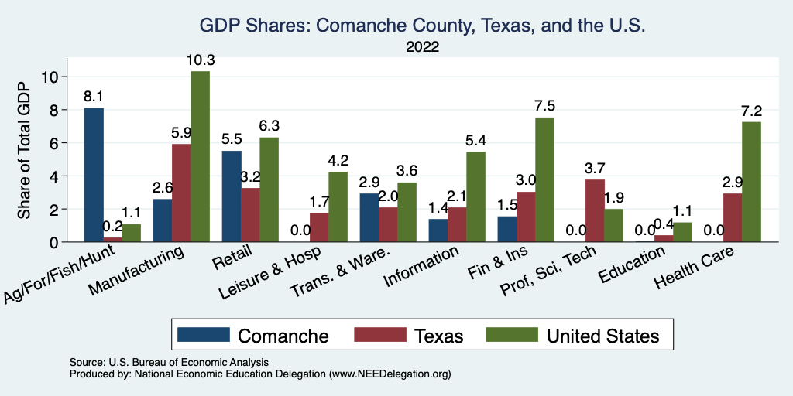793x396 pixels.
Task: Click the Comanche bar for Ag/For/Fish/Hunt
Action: point(94,175)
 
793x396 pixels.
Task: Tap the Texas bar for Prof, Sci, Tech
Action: point(595,210)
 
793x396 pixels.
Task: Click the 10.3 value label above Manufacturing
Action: point(200,60)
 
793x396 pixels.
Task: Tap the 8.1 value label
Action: point(94,97)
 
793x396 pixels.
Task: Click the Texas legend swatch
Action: point(380,335)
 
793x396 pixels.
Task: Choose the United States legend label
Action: point(603,336)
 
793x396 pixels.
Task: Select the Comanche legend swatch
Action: point(204,335)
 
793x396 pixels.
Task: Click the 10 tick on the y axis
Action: point(50,77)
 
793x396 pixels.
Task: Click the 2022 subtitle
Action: point(423,47)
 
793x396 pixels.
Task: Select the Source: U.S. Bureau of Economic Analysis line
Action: point(169,362)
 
